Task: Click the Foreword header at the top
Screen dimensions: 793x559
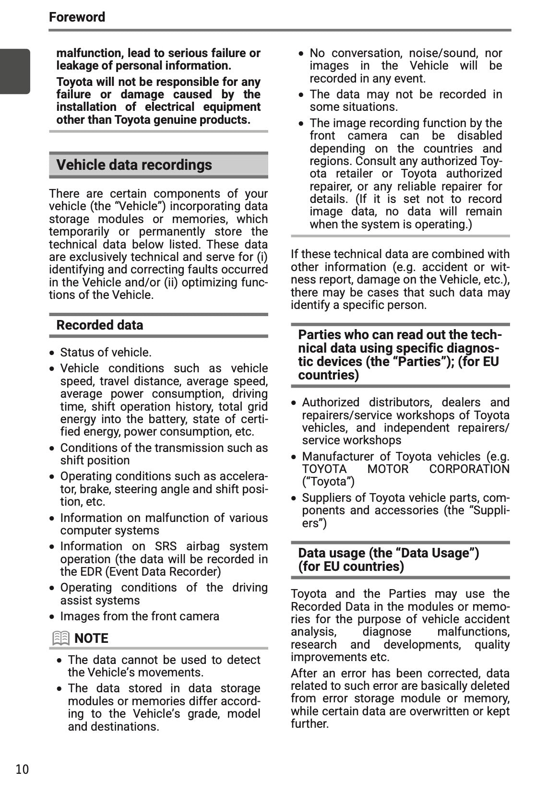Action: (x=77, y=17)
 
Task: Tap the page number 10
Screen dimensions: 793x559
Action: (x=22, y=769)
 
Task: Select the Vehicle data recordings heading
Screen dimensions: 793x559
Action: (x=134, y=165)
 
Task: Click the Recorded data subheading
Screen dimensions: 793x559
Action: (x=100, y=325)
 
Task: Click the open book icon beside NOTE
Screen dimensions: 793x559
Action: (x=61, y=638)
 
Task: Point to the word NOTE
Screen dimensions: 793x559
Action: (x=91, y=638)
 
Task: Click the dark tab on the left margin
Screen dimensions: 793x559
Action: (x=15, y=71)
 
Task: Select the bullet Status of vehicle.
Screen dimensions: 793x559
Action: (x=106, y=352)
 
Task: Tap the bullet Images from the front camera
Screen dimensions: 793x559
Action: (x=139, y=616)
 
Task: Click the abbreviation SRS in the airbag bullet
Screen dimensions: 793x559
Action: (x=166, y=546)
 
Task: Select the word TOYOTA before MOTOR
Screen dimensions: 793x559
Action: (x=324, y=469)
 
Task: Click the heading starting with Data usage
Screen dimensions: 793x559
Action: (x=388, y=559)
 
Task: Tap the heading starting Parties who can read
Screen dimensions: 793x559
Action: (x=399, y=355)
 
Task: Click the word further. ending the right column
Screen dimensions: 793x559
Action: (x=309, y=723)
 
